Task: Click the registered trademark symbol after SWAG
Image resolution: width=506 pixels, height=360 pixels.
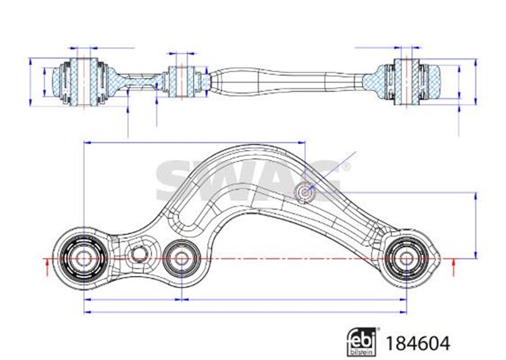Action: click(344, 167)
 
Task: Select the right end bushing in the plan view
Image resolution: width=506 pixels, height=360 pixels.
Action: click(404, 258)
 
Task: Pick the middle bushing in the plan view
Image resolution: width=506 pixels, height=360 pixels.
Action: click(181, 257)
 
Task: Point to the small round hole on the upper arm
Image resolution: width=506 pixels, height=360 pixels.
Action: click(305, 191)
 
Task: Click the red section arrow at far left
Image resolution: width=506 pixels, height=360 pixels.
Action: click(49, 267)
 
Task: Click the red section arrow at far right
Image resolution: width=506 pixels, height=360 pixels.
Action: click(453, 268)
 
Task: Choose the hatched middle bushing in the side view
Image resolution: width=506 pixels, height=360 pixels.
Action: click(182, 79)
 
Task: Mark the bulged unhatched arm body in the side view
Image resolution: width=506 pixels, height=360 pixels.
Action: click(253, 80)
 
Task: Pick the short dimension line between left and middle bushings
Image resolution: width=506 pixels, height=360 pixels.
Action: click(131, 301)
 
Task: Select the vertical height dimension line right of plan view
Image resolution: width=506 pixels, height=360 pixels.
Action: click(475, 225)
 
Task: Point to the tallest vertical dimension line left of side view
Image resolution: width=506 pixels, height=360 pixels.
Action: click(31, 81)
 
